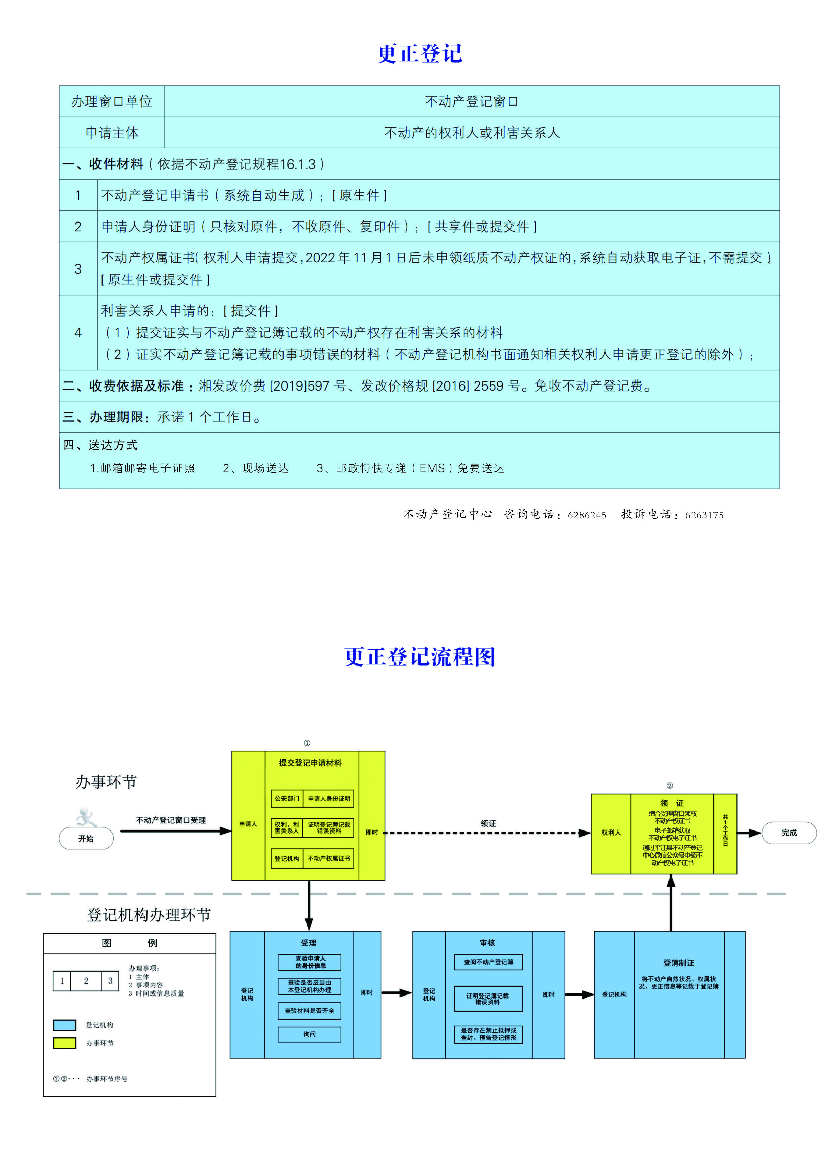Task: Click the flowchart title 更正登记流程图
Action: tap(419, 657)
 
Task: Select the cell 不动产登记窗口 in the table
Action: tap(471, 102)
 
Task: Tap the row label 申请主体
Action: tap(112, 133)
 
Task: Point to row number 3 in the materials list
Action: tap(78, 269)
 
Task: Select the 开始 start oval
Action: tap(86, 838)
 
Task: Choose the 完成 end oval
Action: tap(789, 833)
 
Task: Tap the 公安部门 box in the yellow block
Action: tap(287, 799)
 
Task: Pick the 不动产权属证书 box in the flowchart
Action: tap(329, 859)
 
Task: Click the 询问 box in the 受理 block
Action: tap(309, 1034)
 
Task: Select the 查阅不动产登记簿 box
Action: tap(488, 962)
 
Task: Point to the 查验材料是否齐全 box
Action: tap(309, 1011)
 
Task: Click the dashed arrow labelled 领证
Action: tap(487, 833)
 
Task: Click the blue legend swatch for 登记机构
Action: tap(65, 1025)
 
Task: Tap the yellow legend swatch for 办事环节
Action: tap(65, 1043)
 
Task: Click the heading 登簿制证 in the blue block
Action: tap(679, 963)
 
